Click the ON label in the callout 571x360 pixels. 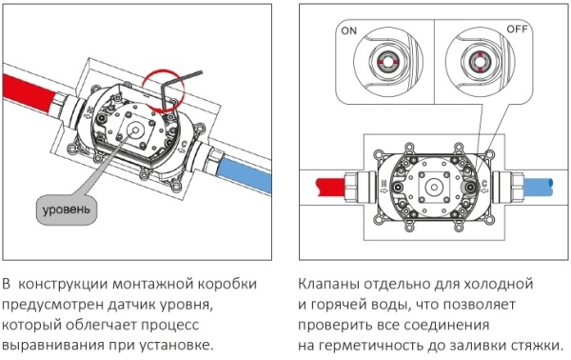click(349, 31)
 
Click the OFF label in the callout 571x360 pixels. click(517, 30)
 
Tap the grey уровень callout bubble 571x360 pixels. click(67, 210)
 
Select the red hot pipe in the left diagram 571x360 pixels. click(30, 93)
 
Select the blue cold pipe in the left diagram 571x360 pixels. click(245, 174)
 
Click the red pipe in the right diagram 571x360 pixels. click(331, 187)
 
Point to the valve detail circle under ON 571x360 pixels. click(388, 62)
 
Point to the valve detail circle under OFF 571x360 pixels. click(480, 62)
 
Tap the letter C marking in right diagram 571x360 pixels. click(484, 183)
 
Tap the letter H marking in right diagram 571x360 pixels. click(384, 183)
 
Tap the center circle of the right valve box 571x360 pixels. click(434, 188)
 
